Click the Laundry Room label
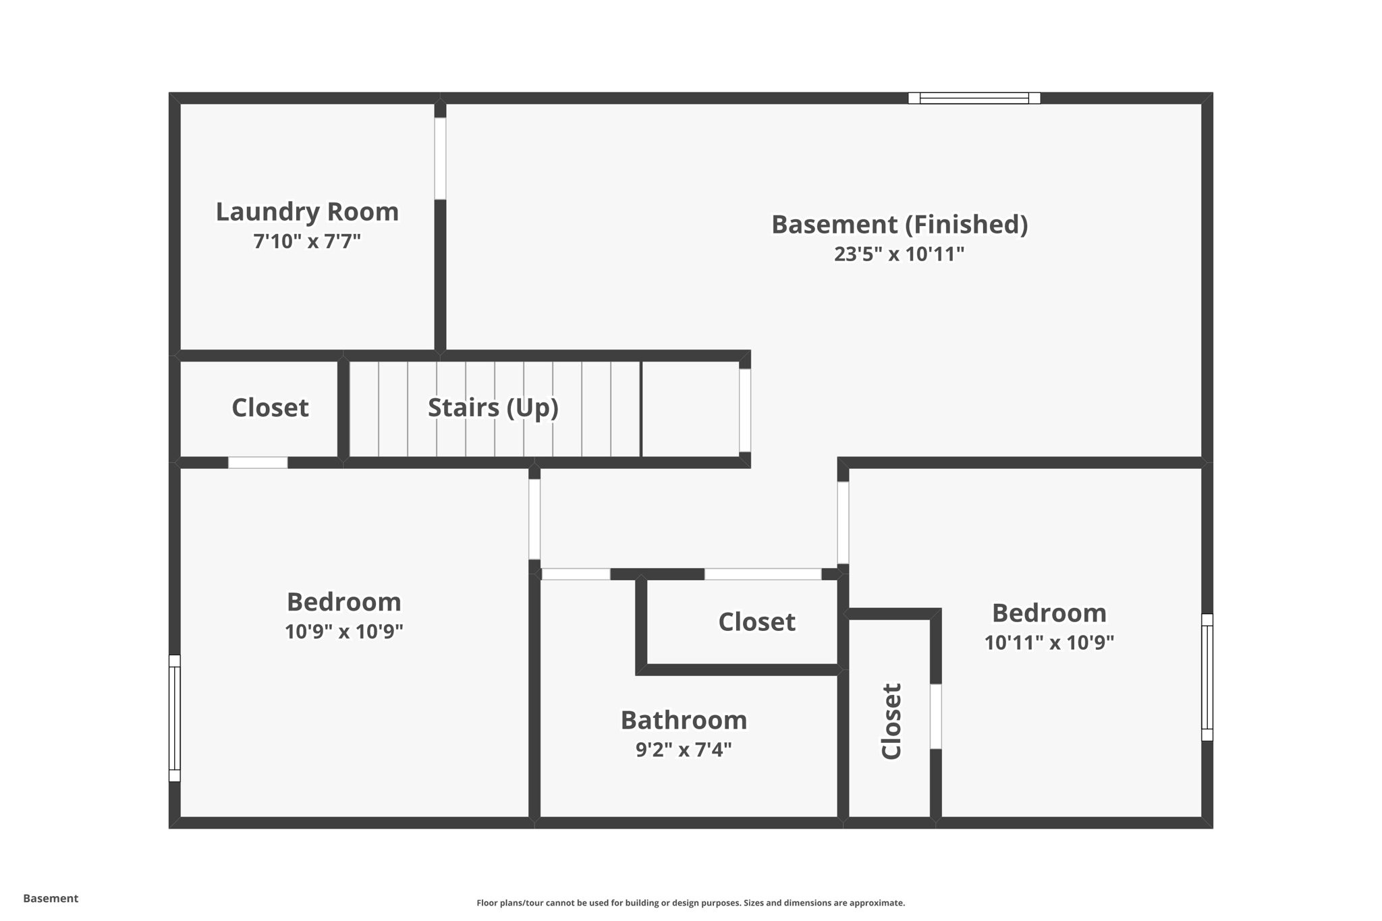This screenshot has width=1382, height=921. tap(307, 212)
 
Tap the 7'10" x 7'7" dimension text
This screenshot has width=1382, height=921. tap(307, 241)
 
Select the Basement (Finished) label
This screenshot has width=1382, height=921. tap(900, 224)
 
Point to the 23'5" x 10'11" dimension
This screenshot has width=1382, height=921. tap(899, 254)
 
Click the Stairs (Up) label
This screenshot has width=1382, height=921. tap(493, 408)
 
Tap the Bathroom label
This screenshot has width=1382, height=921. tap(684, 720)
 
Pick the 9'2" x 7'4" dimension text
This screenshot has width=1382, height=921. tap(684, 750)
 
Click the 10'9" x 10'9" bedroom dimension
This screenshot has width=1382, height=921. tap(343, 632)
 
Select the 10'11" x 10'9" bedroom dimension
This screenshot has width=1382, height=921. tap(1049, 642)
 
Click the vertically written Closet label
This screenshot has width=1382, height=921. tap(891, 721)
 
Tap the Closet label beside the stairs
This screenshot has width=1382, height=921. tap(270, 408)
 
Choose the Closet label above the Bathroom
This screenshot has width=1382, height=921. tap(756, 621)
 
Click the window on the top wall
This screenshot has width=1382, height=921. tap(974, 99)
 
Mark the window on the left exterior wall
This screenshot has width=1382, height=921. tap(175, 718)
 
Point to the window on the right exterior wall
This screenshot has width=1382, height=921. tap(1207, 677)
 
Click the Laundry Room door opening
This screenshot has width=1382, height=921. tap(440, 159)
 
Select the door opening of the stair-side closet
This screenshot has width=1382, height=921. tap(258, 463)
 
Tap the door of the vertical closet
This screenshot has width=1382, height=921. tap(935, 716)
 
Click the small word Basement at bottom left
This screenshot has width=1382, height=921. tap(51, 898)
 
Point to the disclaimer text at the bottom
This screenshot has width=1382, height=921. tap(690, 903)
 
